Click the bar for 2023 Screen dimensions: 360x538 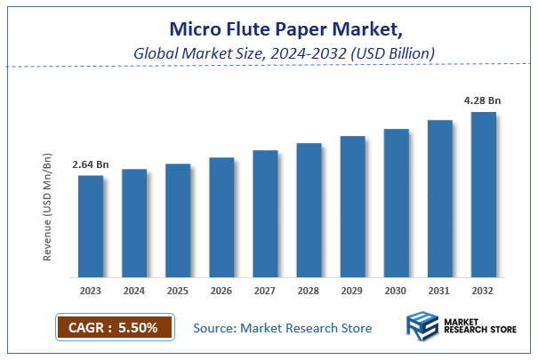point(91,226)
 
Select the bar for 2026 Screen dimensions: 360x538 point(221,217)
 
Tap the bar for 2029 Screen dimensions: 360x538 point(352,206)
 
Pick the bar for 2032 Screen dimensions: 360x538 point(483,194)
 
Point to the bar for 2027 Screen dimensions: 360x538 point(265,213)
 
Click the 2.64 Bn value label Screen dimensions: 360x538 point(91,164)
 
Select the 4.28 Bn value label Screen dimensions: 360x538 point(483,100)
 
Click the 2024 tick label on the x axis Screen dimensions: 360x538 point(134,290)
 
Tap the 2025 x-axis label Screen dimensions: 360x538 point(178,290)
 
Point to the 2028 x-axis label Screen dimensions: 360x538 point(309,290)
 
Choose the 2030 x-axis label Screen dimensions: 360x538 point(396,290)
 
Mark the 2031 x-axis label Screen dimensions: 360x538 point(439,290)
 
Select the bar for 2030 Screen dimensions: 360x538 point(396,203)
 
